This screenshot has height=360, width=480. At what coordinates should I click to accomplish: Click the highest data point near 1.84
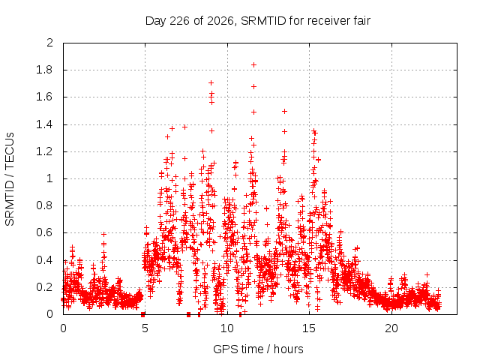tap(253, 65)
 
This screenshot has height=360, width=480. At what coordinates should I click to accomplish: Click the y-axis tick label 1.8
tap(44, 70)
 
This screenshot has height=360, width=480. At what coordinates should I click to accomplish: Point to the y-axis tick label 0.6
tap(44, 232)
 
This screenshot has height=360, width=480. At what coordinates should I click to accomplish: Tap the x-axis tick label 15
tap(309, 328)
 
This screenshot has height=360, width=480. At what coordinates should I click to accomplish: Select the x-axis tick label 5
tap(145, 328)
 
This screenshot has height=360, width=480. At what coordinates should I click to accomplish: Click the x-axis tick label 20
tap(391, 328)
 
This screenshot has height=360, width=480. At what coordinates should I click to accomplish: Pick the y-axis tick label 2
tap(50, 43)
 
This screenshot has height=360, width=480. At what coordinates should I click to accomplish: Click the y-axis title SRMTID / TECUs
tap(10, 179)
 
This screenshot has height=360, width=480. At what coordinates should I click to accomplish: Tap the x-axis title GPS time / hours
tap(258, 349)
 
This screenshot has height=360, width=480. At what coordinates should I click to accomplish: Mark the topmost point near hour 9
tap(211, 83)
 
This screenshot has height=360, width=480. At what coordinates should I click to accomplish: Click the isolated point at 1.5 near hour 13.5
tap(284, 112)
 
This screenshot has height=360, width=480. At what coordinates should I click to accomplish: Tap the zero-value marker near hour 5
tap(142, 314)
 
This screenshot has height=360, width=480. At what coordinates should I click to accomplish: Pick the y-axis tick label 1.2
tap(44, 151)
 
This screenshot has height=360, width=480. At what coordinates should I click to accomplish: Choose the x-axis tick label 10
tap(226, 328)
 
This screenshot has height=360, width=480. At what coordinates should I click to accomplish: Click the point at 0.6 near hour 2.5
tap(103, 234)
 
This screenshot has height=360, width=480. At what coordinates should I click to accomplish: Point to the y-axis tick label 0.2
tap(44, 287)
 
